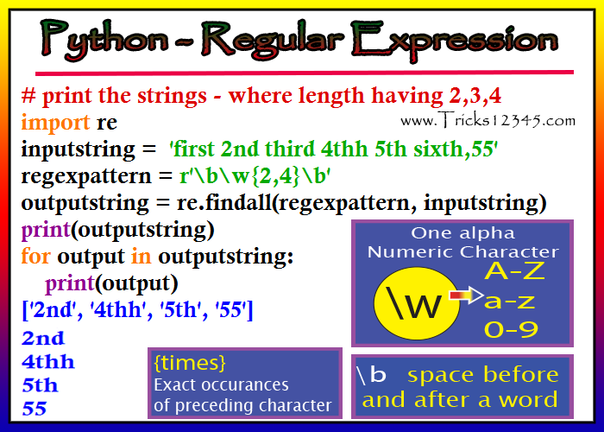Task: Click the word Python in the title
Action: pyautogui.click(x=104, y=40)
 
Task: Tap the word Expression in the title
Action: pyautogui.click(x=455, y=40)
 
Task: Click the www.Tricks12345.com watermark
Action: pyautogui.click(x=488, y=120)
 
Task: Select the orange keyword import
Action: pyautogui.click(x=55, y=123)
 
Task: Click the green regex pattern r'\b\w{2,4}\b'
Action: pyautogui.click(x=255, y=176)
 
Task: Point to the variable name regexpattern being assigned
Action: pyautogui.click(x=86, y=177)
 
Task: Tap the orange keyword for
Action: pyautogui.click(x=35, y=256)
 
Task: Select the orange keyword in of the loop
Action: pyautogui.click(x=141, y=256)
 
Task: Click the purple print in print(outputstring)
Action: pyautogui.click(x=46, y=231)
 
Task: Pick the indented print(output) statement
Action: pyautogui.click(x=111, y=283)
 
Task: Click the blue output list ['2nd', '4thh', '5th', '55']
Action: pyautogui.click(x=137, y=309)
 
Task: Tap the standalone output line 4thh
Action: pyautogui.click(x=47, y=362)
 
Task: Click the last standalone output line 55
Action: pyautogui.click(x=35, y=409)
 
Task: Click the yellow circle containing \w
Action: pyautogui.click(x=416, y=303)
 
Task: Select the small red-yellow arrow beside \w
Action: pyautogui.click(x=466, y=295)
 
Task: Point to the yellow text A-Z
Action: pyautogui.click(x=514, y=271)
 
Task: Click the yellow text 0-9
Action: pyautogui.click(x=511, y=330)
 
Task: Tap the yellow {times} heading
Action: pyautogui.click(x=190, y=363)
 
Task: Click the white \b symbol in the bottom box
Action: pyautogui.click(x=371, y=374)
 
